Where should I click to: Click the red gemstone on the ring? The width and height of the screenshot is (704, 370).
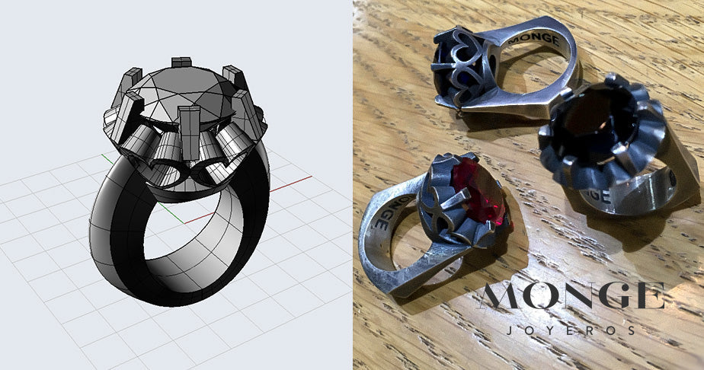[479, 193]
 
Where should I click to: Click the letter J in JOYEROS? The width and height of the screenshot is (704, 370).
[507, 331]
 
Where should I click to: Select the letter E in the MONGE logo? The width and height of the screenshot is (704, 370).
[648, 297]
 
